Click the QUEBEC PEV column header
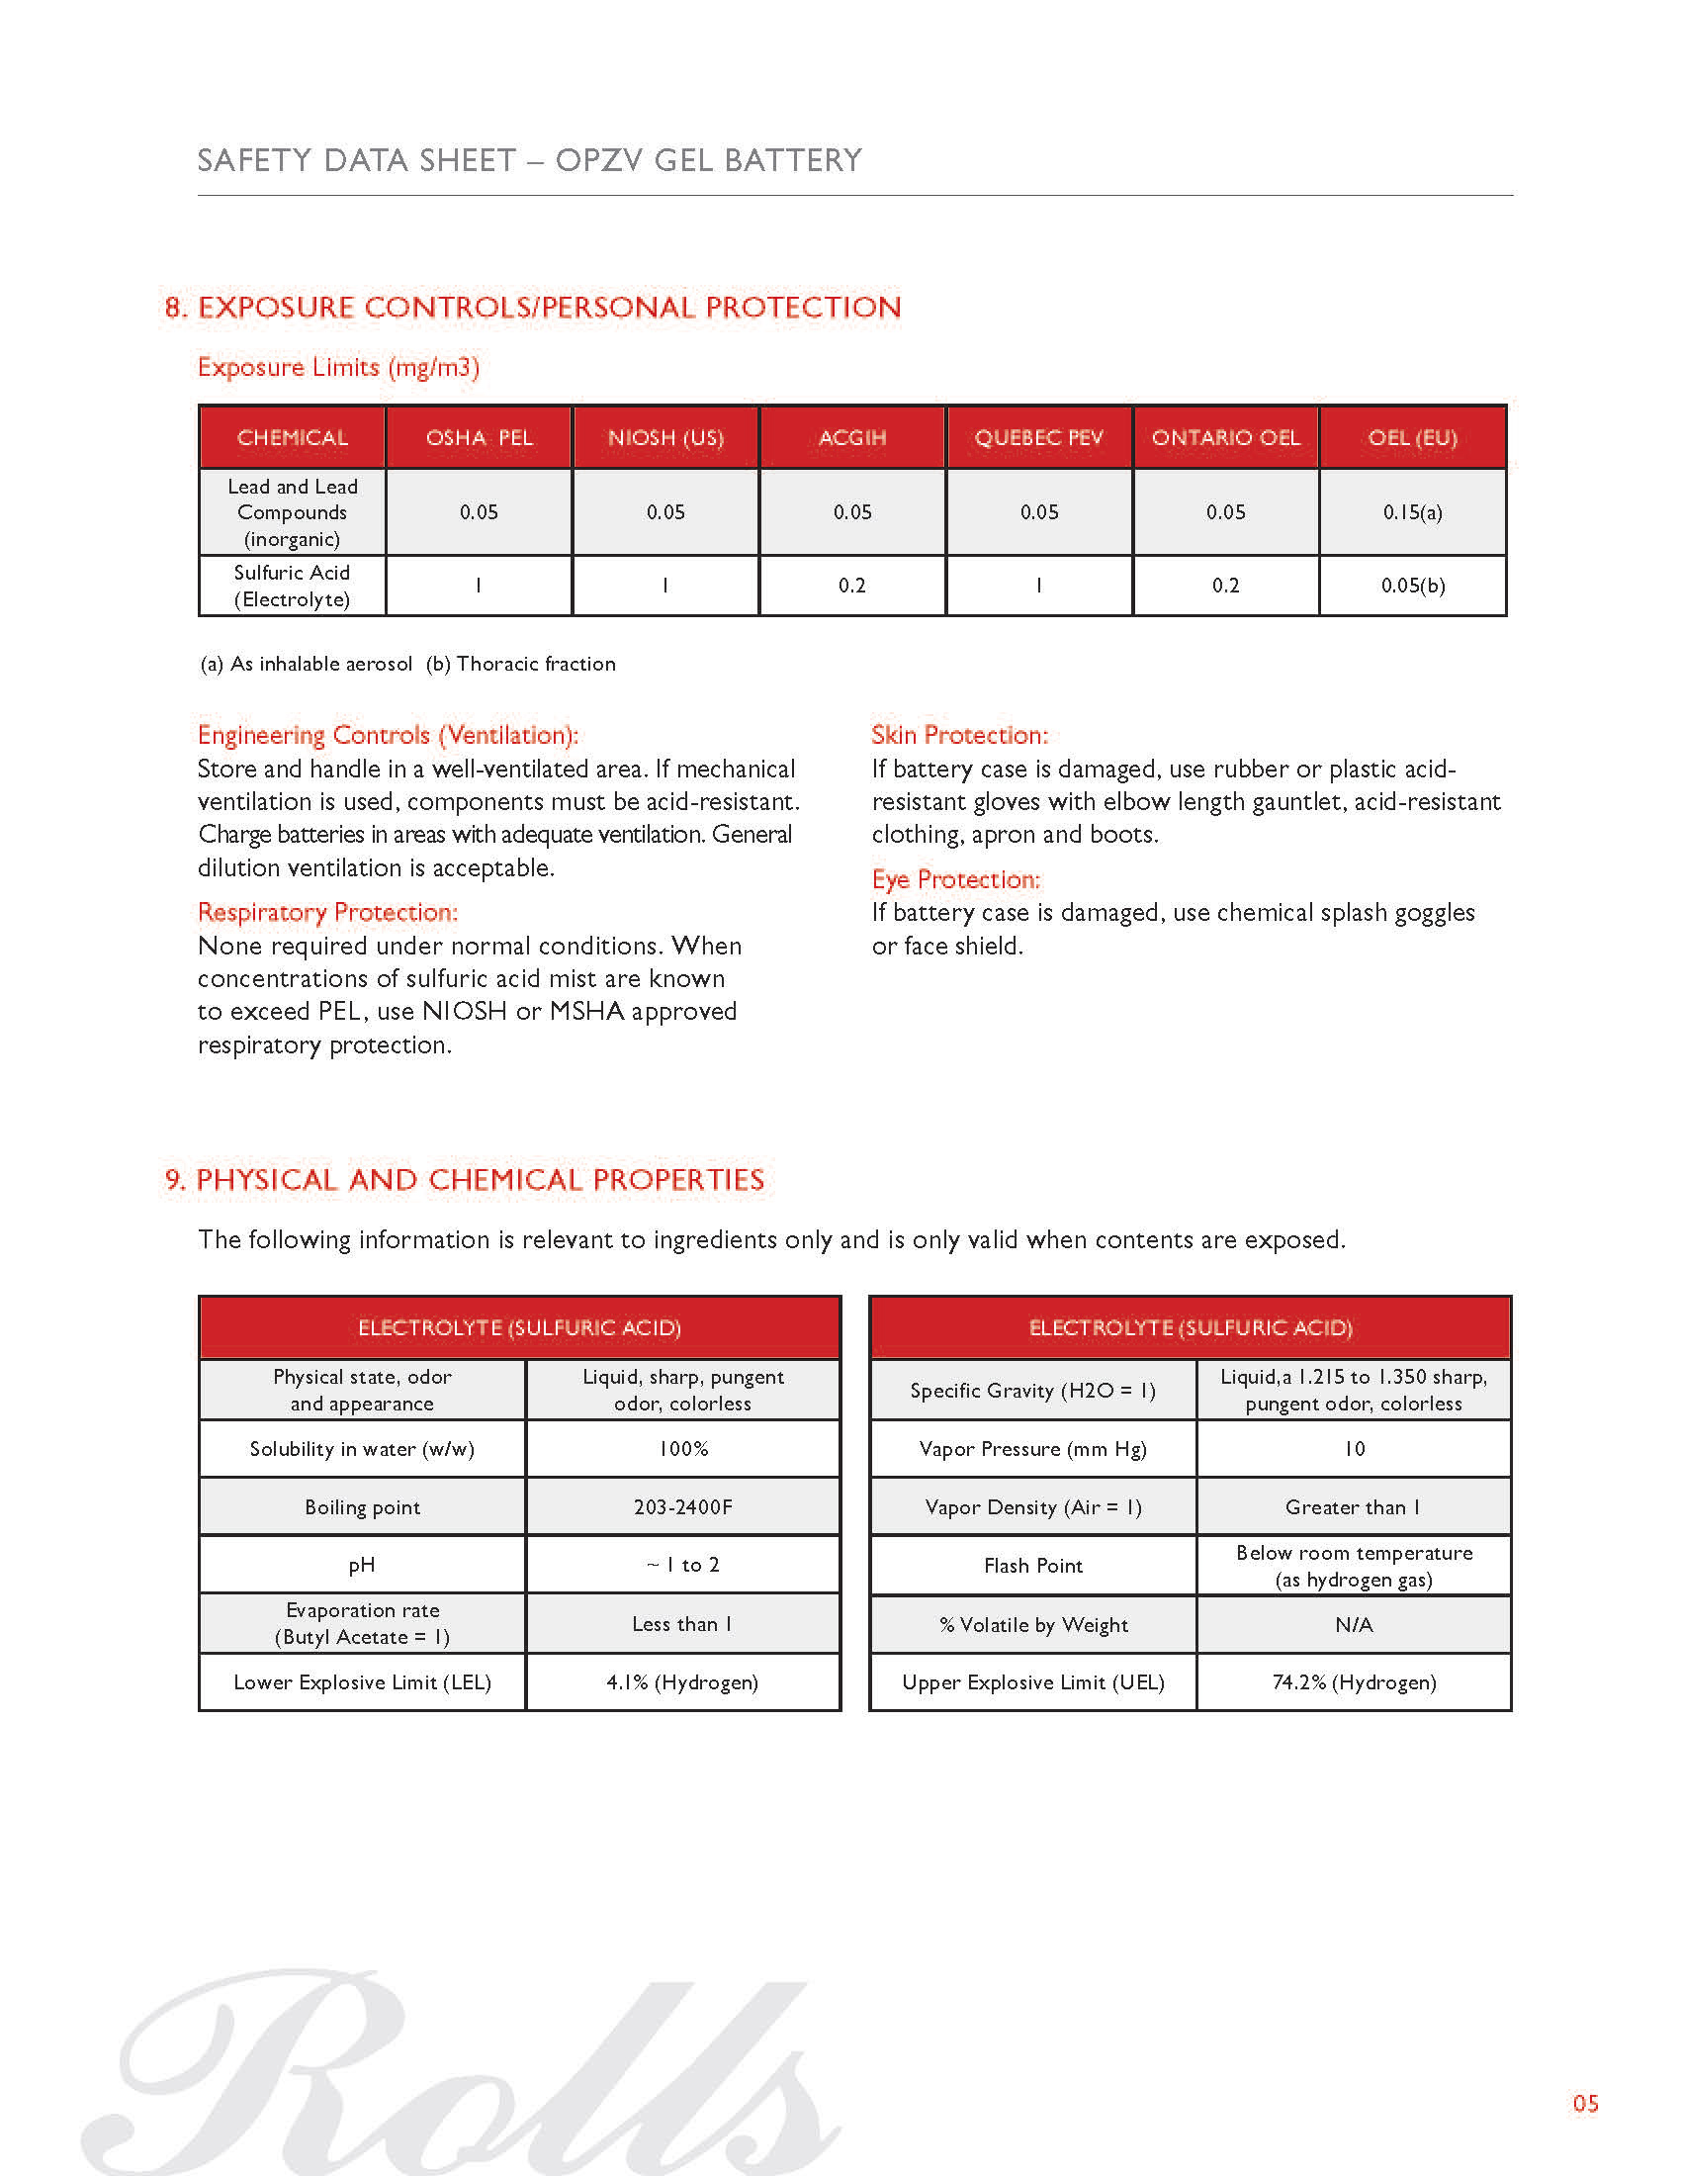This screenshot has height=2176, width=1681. [x=1038, y=437]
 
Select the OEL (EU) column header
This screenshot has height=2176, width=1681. [x=1412, y=437]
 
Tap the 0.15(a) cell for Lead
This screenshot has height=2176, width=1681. [x=1412, y=512]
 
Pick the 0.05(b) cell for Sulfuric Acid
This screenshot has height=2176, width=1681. [x=1412, y=586]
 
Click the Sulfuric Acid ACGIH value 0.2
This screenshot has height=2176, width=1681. [x=851, y=586]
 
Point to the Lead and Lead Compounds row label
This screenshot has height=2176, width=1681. [x=292, y=512]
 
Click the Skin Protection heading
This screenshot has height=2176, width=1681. [x=959, y=735]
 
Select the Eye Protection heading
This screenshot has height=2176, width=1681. [x=955, y=879]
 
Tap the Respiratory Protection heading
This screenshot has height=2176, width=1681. [x=327, y=913]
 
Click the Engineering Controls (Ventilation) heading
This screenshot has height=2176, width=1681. [x=388, y=735]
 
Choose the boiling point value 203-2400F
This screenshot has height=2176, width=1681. [x=683, y=1507]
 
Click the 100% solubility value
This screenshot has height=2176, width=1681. [x=683, y=1449]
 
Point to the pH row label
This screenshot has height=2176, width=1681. [x=362, y=1566]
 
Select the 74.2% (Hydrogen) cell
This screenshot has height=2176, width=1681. [x=1355, y=1682]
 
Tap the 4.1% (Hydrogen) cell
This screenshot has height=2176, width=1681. [x=683, y=1682]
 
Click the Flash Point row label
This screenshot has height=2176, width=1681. [x=1032, y=1567]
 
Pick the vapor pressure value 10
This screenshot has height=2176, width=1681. [x=1355, y=1449]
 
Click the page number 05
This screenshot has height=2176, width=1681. [x=1585, y=2103]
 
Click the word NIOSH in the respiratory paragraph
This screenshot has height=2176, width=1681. [x=464, y=1011]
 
